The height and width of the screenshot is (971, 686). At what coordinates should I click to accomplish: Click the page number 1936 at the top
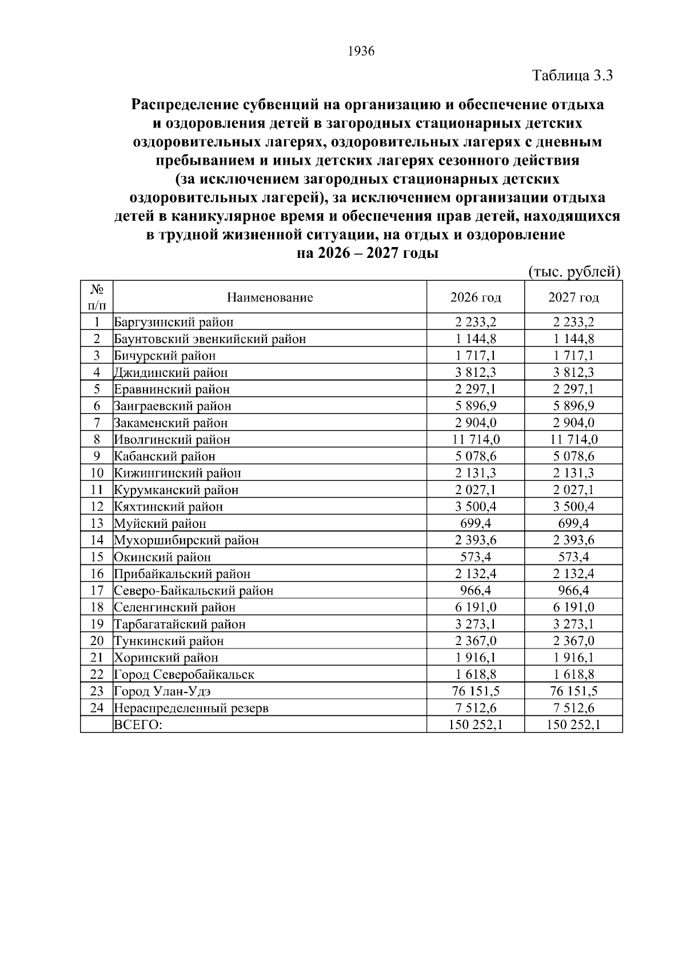pyautogui.click(x=361, y=51)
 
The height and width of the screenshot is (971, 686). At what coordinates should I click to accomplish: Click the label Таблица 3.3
pyautogui.click(x=572, y=75)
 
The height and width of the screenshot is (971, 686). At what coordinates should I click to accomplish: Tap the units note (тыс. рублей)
pyautogui.click(x=573, y=272)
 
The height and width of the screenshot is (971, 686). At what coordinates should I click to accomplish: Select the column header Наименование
pyautogui.click(x=270, y=297)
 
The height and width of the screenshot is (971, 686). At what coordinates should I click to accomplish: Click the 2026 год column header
pyautogui.click(x=476, y=297)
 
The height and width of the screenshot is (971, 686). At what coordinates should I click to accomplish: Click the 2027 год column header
pyautogui.click(x=573, y=297)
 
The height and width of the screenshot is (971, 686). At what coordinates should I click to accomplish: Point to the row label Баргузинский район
pyautogui.click(x=174, y=322)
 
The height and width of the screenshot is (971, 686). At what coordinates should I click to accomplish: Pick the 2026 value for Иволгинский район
pyautogui.click(x=476, y=439)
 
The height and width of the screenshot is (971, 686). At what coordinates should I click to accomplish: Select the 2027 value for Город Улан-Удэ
pyautogui.click(x=573, y=691)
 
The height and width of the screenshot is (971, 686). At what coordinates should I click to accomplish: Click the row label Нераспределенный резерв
pyautogui.click(x=192, y=708)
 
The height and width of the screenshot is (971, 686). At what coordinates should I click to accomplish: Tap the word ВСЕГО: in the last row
pyautogui.click(x=138, y=725)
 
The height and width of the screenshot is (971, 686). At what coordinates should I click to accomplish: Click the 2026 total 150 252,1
pyautogui.click(x=476, y=725)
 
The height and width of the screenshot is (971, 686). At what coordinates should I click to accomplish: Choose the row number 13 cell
pyautogui.click(x=97, y=523)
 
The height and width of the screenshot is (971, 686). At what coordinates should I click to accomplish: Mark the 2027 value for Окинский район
pyautogui.click(x=573, y=557)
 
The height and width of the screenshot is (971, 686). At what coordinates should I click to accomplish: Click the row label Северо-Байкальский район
pyautogui.click(x=194, y=590)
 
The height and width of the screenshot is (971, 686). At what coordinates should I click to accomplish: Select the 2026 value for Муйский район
pyautogui.click(x=476, y=523)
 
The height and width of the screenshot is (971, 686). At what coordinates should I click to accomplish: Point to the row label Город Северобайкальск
pyautogui.click(x=184, y=674)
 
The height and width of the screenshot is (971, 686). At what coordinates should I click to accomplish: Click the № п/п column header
pyautogui.click(x=97, y=297)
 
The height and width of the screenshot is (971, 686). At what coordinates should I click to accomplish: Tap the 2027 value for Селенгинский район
pyautogui.click(x=573, y=607)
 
